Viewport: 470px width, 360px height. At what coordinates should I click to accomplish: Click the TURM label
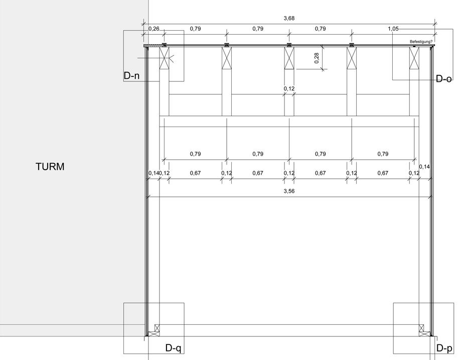point(50,167)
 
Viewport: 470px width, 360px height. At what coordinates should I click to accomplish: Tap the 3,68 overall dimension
point(289,18)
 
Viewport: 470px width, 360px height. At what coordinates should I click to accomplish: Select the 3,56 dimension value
point(289,191)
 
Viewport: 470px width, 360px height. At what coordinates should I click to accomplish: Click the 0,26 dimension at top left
point(154,29)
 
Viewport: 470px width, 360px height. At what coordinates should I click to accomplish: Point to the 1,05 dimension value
point(393,29)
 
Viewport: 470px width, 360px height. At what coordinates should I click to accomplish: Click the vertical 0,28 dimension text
point(317,58)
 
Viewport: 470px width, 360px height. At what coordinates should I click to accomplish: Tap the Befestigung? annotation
point(421,42)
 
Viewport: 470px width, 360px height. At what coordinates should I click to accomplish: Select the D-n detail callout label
point(131,76)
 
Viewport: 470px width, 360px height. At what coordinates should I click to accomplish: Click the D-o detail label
point(443,79)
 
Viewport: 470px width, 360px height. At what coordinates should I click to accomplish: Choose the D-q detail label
point(173,348)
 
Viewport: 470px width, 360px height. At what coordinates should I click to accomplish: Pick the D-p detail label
point(444,348)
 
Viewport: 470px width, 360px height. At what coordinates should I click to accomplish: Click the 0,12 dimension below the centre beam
point(289,89)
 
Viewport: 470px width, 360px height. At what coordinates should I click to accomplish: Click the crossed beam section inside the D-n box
point(164,58)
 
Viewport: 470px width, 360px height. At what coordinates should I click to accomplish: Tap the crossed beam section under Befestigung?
point(414,58)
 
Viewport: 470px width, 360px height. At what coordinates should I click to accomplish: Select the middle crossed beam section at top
point(289,58)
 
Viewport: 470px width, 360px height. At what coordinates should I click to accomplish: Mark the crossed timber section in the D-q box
point(154,330)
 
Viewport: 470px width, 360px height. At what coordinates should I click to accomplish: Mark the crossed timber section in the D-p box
point(424,330)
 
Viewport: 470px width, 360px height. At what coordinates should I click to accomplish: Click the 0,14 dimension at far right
point(424,167)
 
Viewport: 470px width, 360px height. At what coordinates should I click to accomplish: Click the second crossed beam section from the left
point(227,58)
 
